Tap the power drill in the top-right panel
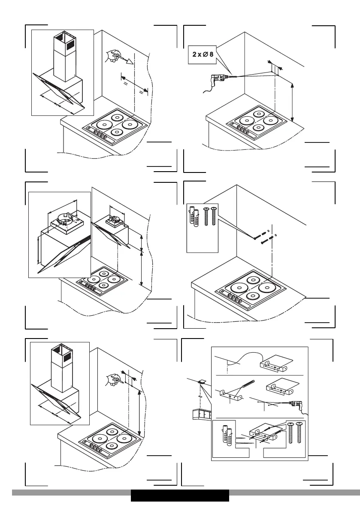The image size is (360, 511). tap(219, 79)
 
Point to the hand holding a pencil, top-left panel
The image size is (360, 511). tap(113, 55)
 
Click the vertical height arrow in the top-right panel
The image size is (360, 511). tap(293, 102)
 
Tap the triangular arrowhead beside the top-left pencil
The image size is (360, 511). tap(129, 63)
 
